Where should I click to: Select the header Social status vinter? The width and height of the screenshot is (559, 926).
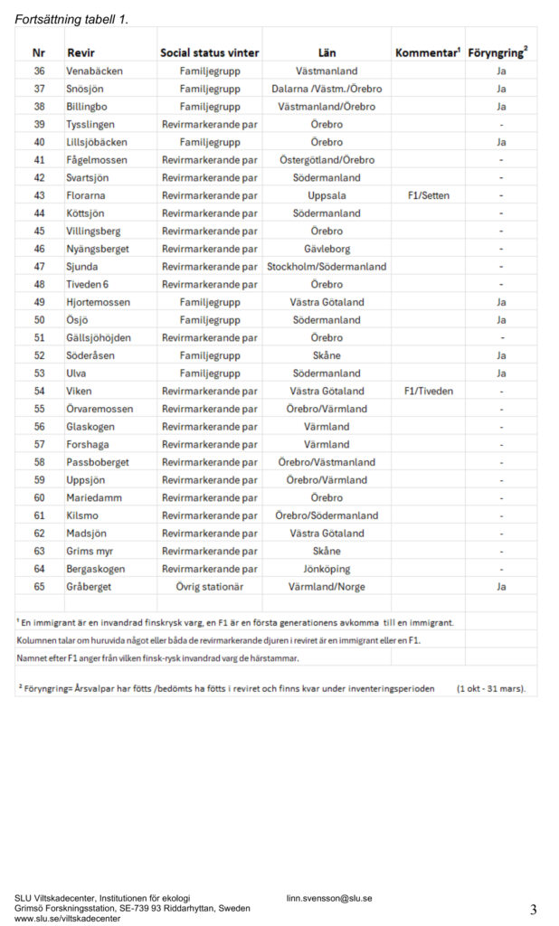coord(210,53)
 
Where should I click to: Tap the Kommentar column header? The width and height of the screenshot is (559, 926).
coord(428,53)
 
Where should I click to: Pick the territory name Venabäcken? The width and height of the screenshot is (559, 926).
coord(94,71)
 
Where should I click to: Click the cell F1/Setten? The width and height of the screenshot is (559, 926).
coord(428,195)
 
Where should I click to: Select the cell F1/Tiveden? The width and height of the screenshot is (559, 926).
coord(428,391)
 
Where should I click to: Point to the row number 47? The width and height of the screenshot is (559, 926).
coord(39,267)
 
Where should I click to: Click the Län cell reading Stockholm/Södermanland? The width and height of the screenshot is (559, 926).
coord(327,267)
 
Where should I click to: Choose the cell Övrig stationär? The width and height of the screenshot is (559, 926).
coord(210,587)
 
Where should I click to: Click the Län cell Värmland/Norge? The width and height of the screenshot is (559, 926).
coord(327,587)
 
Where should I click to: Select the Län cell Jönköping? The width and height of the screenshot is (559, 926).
coord(327,569)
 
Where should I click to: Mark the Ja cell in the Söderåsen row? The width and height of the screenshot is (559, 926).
coord(500,355)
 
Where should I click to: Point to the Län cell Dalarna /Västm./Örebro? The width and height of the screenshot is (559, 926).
coord(327,89)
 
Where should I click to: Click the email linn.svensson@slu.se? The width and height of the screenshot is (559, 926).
coord(329,898)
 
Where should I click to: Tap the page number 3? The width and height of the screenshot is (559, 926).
coord(534,908)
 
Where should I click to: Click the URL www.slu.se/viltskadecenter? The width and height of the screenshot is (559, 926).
coord(68,918)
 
